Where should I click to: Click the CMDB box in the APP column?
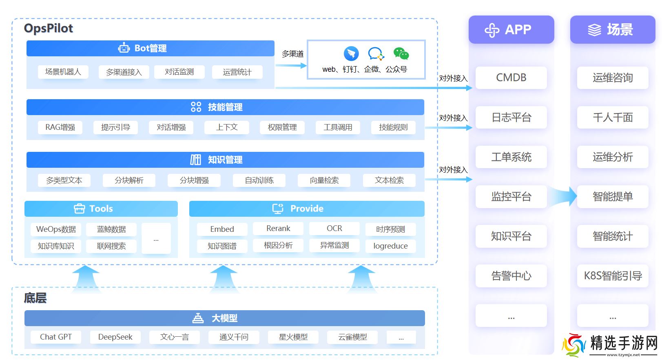[511, 78]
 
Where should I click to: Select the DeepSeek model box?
[115, 337]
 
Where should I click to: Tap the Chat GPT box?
[56, 337]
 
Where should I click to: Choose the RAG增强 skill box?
[60, 127]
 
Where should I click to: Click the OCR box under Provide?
[334, 229]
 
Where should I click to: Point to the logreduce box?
[390, 246]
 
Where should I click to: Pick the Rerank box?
[278, 229]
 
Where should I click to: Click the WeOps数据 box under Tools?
[56, 229]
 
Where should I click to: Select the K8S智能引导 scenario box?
[613, 276]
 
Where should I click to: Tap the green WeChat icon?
[401, 53]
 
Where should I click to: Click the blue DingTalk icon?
[351, 53]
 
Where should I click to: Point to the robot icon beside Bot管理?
[124, 48]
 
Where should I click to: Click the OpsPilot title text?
[49, 28]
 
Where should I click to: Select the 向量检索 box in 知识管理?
[324, 180]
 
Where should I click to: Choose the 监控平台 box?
[511, 197]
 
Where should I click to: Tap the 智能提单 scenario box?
[613, 197]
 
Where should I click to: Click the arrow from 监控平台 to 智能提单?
[562, 196]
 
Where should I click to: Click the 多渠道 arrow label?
[292, 54]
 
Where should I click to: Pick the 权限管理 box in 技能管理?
[282, 127]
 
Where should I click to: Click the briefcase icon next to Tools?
[80, 209]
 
